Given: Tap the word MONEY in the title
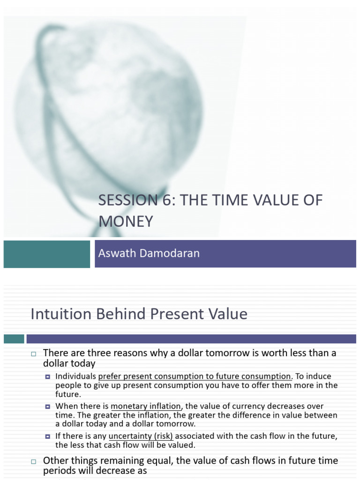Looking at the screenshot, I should pyautogui.click(x=126, y=221).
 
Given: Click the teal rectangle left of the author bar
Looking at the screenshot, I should pyautogui.click(x=46, y=254).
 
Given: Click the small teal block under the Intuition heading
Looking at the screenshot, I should pyautogui.click(x=14, y=338).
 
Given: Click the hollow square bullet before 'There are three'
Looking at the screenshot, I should pyautogui.click(x=33, y=353).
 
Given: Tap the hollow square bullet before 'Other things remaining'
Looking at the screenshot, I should pyautogui.click(x=33, y=461).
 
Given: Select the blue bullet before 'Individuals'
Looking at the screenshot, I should pyautogui.click(x=48, y=376).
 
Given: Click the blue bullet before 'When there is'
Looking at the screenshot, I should pyautogui.click(x=48, y=406).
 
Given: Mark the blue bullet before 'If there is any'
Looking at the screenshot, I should pyautogui.click(x=48, y=436).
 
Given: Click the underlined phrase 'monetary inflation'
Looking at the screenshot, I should pyautogui.click(x=145, y=406).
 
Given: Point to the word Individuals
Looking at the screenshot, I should pyautogui.click(x=75, y=376).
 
